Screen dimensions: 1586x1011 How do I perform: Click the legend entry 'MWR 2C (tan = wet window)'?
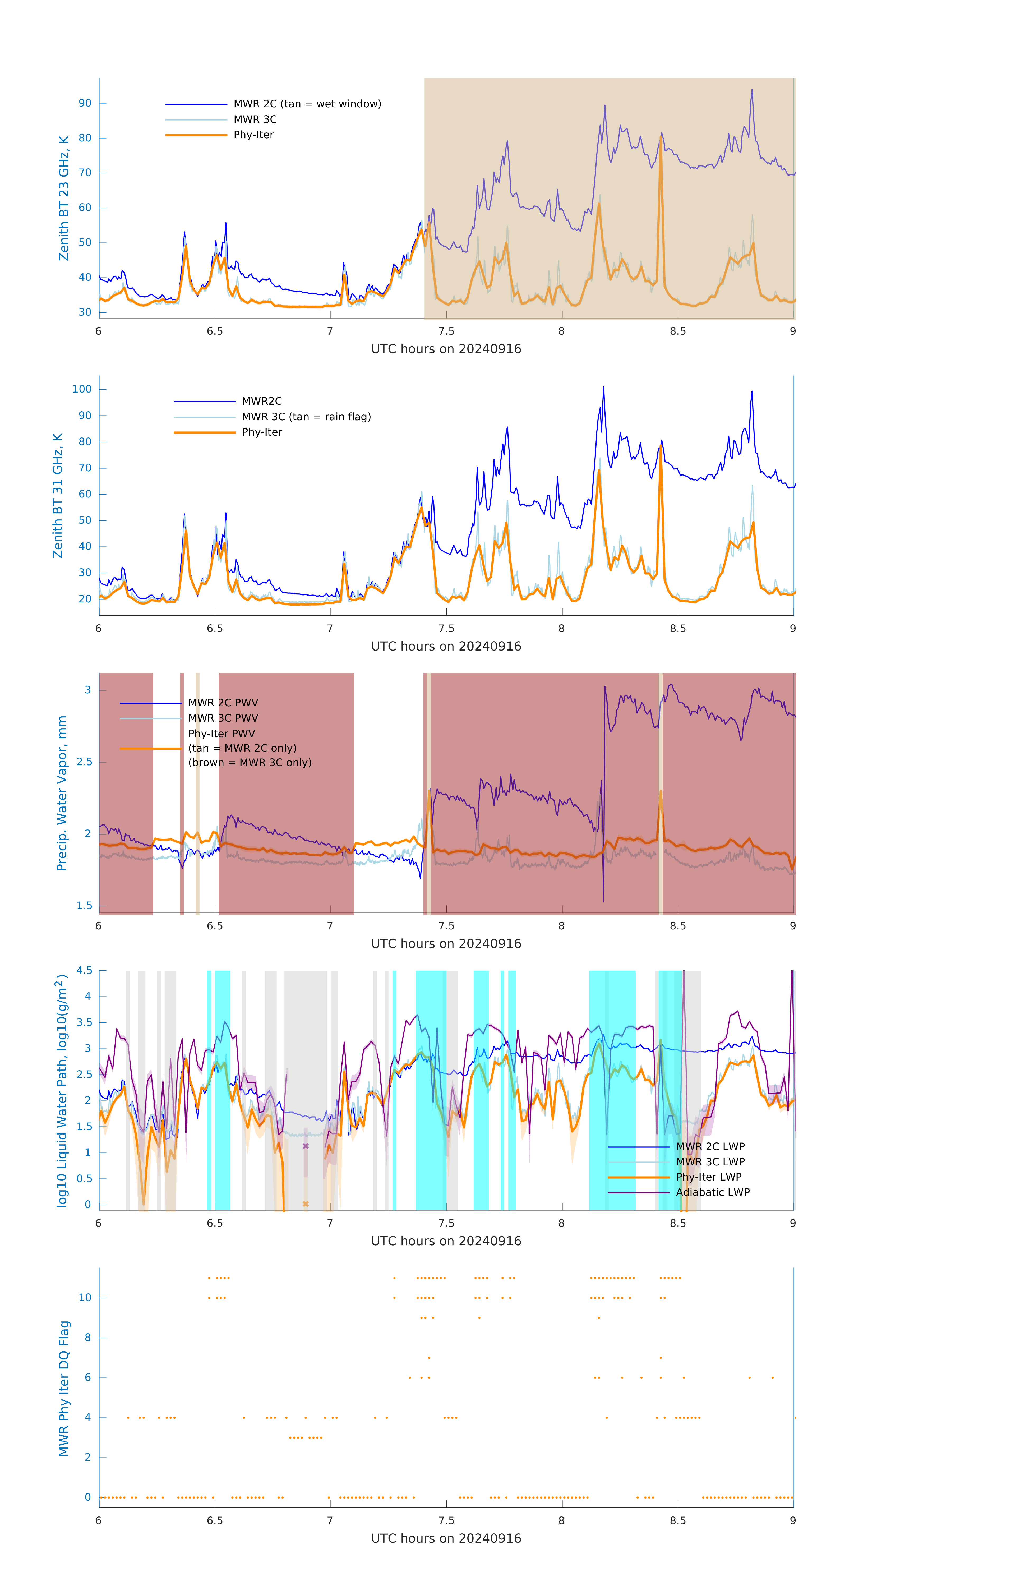click(x=307, y=104)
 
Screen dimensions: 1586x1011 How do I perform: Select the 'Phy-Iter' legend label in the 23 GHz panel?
click(x=253, y=135)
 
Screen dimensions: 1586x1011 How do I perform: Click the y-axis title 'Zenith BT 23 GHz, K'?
click(x=64, y=198)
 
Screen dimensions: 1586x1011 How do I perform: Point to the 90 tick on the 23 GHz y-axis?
click(x=85, y=103)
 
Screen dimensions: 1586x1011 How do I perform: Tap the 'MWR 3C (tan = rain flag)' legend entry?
click(x=306, y=417)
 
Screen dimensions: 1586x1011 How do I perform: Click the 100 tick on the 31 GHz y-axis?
click(x=82, y=389)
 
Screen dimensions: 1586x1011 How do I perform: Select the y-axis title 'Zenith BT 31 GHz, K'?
click(x=58, y=495)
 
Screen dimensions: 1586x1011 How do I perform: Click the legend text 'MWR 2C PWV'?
click(x=223, y=703)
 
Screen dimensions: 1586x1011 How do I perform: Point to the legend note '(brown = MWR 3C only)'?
click(x=250, y=763)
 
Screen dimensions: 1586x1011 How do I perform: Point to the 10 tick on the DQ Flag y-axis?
click(x=85, y=1298)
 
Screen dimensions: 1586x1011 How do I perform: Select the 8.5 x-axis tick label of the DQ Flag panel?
click(x=678, y=1521)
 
